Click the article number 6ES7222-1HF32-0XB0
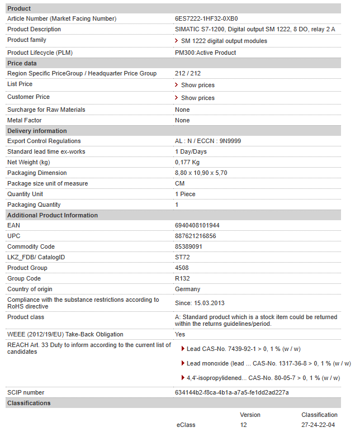point(206,18)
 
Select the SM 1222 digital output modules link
point(224,41)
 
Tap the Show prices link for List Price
point(197,85)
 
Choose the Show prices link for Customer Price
point(197,98)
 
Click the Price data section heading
point(22,63)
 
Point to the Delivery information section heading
point(37,131)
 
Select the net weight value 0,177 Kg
point(188,163)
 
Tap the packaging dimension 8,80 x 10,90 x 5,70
point(201,173)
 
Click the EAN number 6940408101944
point(197,226)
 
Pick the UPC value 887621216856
point(195,236)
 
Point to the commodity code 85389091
point(188,247)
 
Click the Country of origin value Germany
point(187,289)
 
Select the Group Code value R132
point(182,279)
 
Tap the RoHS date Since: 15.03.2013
point(200,302)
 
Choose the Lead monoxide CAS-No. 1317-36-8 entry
point(268,364)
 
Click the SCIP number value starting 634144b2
point(231,393)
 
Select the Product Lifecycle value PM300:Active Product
point(205,53)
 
